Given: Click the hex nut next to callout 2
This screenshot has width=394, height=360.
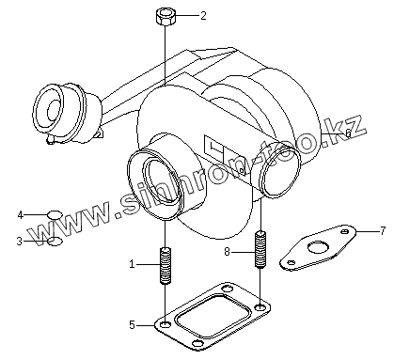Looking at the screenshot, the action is click(x=165, y=17).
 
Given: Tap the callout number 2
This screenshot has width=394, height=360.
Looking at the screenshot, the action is click(x=204, y=16).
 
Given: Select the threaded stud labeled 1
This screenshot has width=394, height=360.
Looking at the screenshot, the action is click(x=165, y=266).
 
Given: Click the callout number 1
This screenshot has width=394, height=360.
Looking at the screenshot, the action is click(x=132, y=264).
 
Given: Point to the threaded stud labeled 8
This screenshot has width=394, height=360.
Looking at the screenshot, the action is click(x=260, y=249).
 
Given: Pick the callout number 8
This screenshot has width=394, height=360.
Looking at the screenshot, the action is click(x=227, y=251).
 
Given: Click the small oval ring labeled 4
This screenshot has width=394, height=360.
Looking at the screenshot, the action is click(x=55, y=215).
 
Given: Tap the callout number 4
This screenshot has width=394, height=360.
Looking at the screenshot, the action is click(x=21, y=215).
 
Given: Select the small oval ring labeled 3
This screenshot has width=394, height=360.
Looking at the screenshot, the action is click(x=55, y=242).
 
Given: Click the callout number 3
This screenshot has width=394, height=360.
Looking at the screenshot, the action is click(x=20, y=242).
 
